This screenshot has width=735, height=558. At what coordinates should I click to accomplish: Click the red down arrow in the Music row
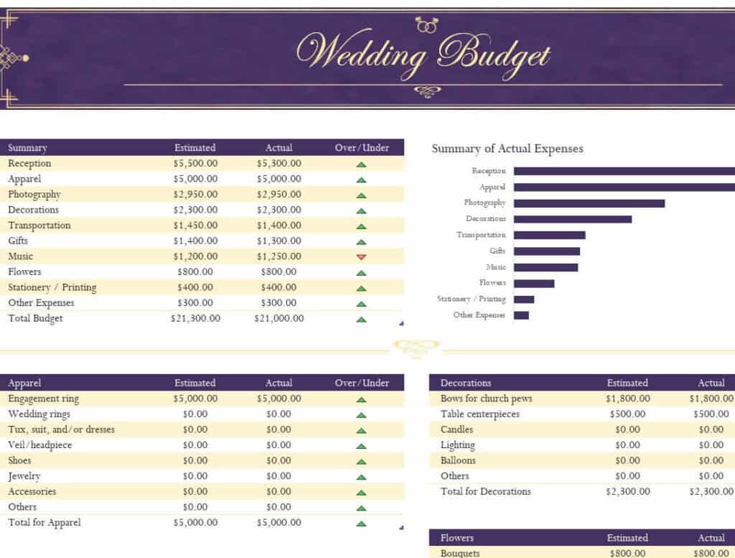click(x=361, y=257)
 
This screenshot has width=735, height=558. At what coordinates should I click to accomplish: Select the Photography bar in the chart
click(x=589, y=203)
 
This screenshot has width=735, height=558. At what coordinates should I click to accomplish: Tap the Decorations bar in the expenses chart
click(x=572, y=219)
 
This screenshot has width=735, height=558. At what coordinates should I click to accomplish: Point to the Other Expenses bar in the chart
click(x=521, y=315)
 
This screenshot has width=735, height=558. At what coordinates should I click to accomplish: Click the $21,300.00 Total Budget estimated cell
click(x=195, y=319)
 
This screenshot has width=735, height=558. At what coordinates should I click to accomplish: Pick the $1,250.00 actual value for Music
click(x=278, y=256)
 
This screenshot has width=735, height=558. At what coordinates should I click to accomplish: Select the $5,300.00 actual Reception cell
click(x=278, y=164)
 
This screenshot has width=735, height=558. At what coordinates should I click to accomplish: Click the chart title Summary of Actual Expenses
click(x=507, y=149)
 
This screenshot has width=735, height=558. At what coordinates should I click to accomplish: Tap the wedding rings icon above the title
click(x=426, y=26)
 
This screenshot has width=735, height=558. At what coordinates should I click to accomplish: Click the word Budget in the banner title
click(x=495, y=55)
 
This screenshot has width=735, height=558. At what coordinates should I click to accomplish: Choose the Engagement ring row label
click(x=44, y=399)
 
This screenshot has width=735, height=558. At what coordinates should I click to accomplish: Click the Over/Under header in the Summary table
click(x=362, y=148)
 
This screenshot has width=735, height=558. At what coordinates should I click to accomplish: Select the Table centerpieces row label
click(x=479, y=414)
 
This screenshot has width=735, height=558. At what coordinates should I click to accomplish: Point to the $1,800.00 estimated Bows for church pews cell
click(x=627, y=399)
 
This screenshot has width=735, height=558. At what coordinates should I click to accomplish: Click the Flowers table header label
click(x=457, y=538)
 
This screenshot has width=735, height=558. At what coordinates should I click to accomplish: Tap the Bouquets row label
click(x=460, y=553)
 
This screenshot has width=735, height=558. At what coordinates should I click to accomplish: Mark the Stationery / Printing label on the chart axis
click(x=471, y=299)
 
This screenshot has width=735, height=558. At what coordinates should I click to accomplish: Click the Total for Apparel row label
click(x=45, y=523)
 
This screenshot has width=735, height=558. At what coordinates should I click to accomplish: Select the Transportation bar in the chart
click(x=549, y=235)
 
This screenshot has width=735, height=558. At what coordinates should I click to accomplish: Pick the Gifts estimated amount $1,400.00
click(x=195, y=241)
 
